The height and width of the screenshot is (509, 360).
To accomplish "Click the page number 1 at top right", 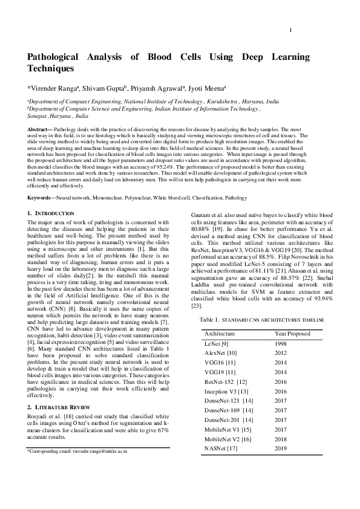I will click(291, 31).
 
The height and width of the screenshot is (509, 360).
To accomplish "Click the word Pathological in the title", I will click(58, 57).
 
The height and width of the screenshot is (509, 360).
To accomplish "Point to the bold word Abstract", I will click(41, 130).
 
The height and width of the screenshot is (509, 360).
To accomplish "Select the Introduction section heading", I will click(54, 214).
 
